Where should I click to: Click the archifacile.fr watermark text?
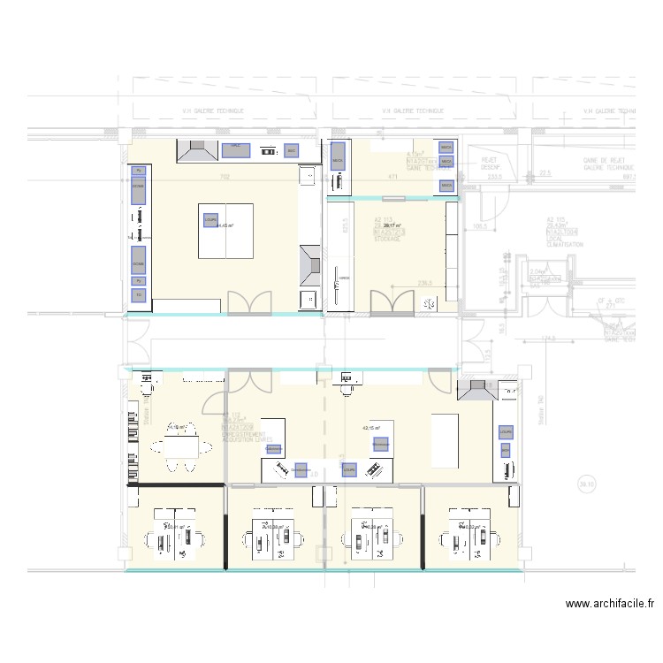tap(609, 605)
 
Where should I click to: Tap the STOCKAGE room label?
tap(388, 239)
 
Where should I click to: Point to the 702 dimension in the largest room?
tap(225, 178)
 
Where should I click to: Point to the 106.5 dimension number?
tap(480, 226)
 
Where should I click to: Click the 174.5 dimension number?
tap(527, 337)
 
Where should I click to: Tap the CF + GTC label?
tap(606, 300)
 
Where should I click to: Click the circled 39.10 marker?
tap(585, 484)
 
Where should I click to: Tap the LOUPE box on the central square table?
tap(210, 221)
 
